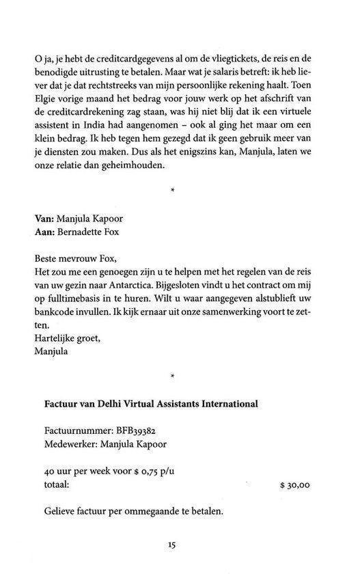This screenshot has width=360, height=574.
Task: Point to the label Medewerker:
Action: [72, 446]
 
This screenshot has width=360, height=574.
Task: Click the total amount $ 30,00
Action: [295, 487]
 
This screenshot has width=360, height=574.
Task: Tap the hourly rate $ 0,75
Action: [144, 471]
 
